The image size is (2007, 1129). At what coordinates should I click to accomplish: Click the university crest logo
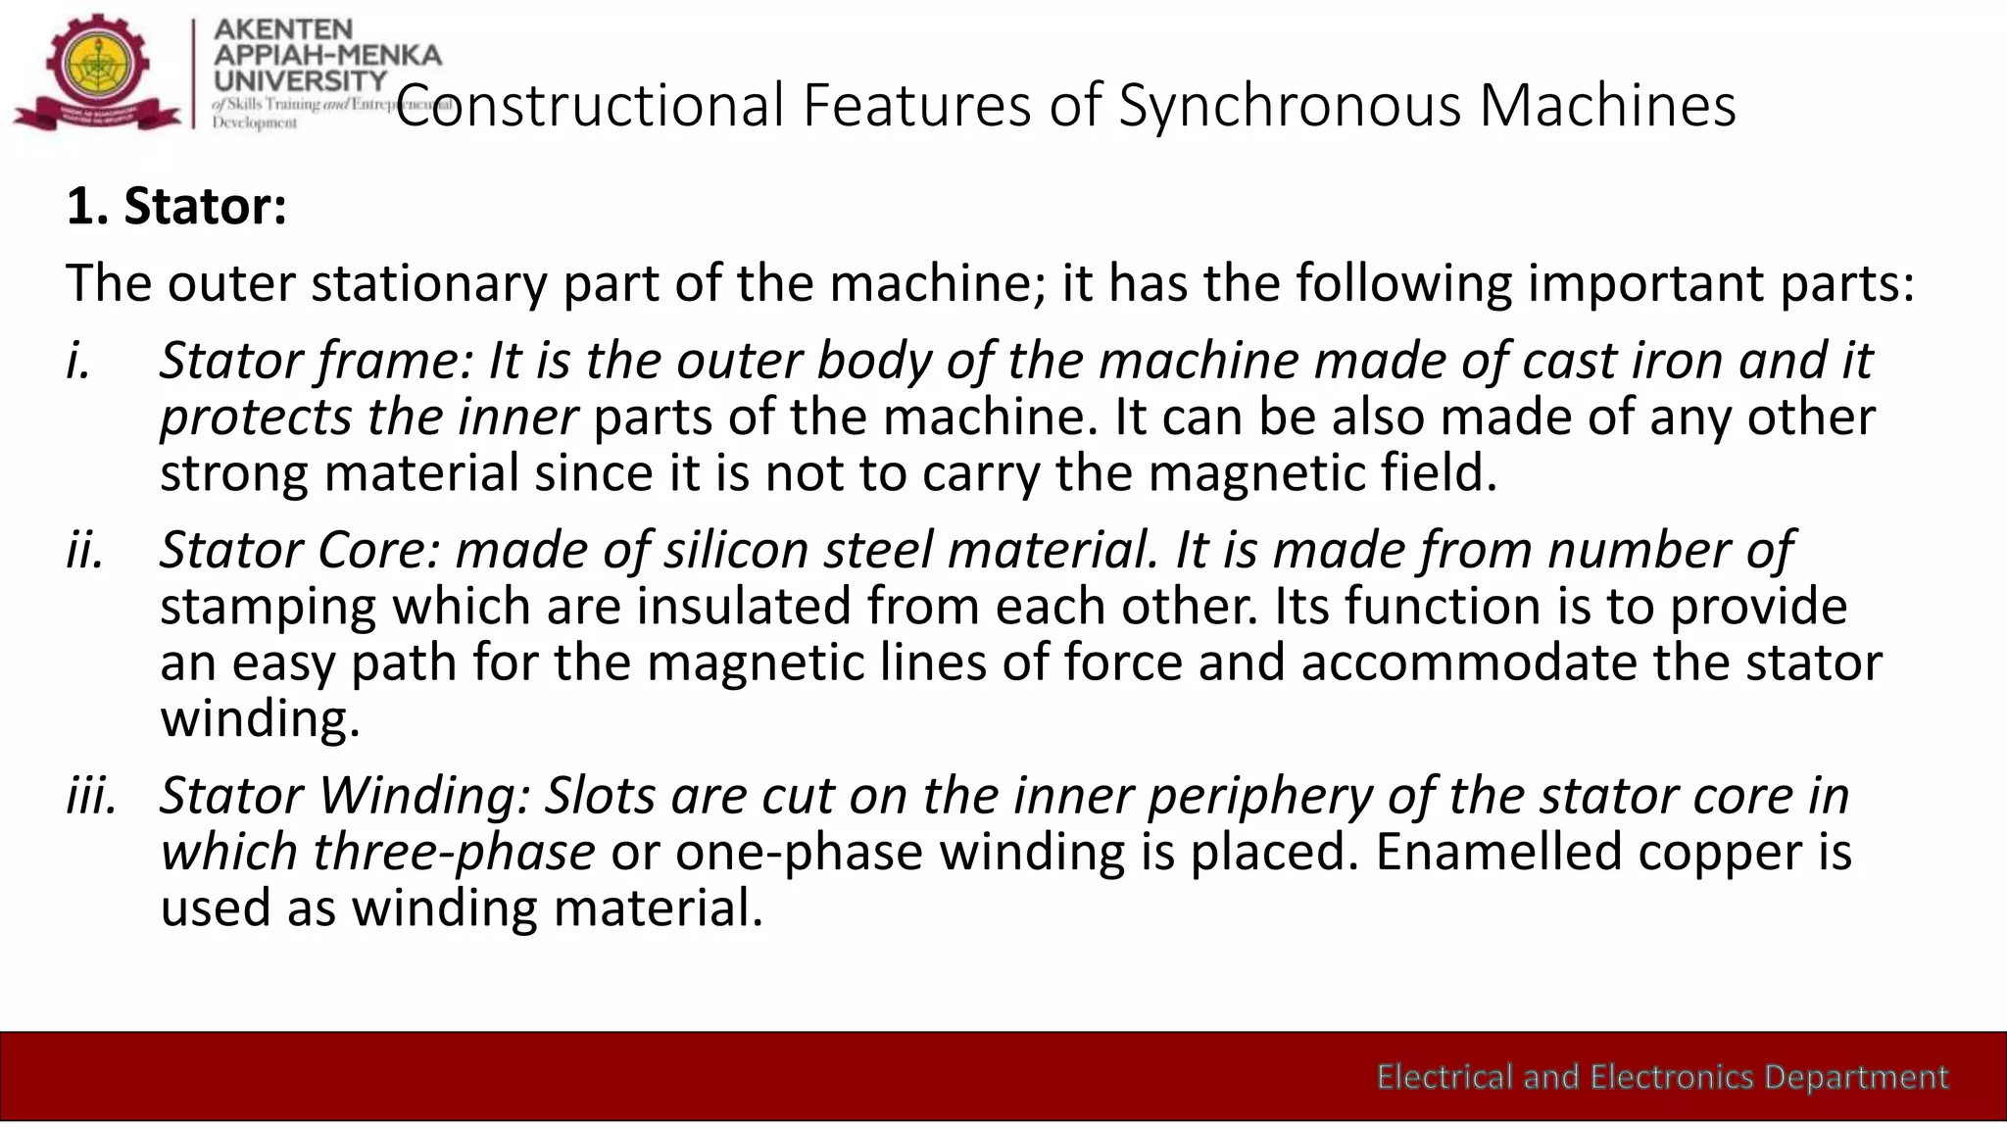98,71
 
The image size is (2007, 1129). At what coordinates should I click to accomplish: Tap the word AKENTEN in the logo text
283,30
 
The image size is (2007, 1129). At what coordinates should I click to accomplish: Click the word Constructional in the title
590,105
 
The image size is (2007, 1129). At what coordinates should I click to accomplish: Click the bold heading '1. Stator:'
176,207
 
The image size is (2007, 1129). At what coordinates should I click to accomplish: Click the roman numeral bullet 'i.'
79,361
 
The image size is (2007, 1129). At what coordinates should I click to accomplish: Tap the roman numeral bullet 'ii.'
85,550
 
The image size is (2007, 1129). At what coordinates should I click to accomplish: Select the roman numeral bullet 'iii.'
91,795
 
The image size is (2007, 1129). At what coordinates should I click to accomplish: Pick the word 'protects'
256,417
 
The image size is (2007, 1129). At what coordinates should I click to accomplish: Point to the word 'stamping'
268,607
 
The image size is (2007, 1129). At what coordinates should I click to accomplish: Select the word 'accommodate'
1469,663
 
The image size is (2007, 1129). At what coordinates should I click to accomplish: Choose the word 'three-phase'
454,852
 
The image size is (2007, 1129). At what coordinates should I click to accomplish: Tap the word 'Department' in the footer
1856,1077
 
